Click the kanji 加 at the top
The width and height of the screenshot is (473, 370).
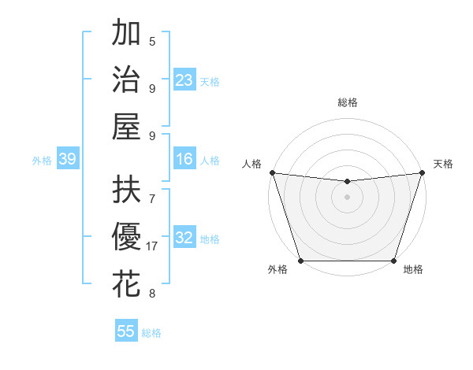click(126, 34)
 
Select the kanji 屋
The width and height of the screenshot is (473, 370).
click(126, 126)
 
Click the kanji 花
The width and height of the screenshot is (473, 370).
click(126, 283)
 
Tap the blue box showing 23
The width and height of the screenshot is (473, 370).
click(184, 80)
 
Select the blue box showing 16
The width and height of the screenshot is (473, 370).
click(184, 160)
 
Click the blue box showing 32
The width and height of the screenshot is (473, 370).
click(184, 239)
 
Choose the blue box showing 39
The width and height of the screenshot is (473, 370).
click(67, 160)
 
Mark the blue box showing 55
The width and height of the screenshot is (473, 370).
click(126, 331)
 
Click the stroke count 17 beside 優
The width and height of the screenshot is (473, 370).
click(152, 246)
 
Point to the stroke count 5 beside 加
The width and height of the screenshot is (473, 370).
click(152, 42)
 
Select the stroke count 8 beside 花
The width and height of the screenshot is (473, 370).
click(152, 294)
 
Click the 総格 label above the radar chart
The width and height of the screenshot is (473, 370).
click(348, 102)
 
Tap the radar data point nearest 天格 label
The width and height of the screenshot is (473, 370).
click(422, 172)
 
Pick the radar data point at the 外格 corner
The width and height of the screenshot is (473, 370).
click(301, 261)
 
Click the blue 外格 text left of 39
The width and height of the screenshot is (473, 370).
click(42, 160)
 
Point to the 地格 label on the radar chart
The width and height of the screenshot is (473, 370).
click(413, 270)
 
